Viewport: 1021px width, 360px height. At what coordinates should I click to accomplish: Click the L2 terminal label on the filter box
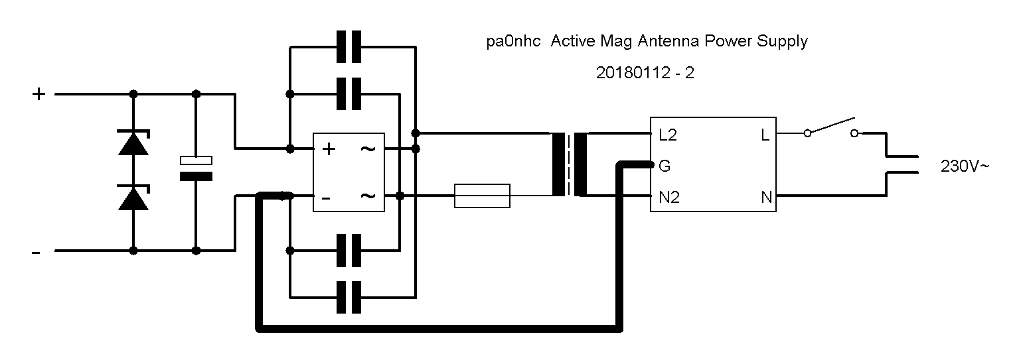click(668, 135)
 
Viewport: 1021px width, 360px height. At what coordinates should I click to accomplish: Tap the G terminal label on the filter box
click(665, 166)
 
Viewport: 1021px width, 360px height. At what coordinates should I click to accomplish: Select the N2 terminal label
click(669, 198)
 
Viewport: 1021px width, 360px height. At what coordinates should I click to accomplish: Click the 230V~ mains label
click(965, 166)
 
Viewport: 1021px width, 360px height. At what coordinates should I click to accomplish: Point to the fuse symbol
click(482, 196)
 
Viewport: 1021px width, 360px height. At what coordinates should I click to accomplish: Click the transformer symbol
click(570, 164)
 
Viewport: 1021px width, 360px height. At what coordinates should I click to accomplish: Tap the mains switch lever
click(831, 126)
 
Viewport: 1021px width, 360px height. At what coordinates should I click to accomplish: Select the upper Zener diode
click(133, 143)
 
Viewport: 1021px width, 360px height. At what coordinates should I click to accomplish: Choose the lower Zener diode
click(133, 198)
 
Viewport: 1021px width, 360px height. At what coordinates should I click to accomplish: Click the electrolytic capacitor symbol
click(196, 168)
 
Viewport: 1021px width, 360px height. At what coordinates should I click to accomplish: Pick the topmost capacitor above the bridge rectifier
click(349, 46)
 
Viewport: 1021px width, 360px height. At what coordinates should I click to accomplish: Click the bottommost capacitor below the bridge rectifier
click(349, 298)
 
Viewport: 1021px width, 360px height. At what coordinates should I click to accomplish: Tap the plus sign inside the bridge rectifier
click(329, 149)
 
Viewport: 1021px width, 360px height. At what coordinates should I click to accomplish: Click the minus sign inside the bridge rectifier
click(326, 198)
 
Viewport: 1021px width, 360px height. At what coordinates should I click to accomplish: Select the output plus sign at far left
click(39, 94)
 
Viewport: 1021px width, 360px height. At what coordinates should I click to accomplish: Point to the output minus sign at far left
click(36, 253)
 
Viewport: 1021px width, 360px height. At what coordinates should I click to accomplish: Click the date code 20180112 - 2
click(645, 73)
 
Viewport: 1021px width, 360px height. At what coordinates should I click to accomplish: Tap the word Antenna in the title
click(668, 41)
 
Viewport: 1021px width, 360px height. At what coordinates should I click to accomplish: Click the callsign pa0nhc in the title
click(513, 41)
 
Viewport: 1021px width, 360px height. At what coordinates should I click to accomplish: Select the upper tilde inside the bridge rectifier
click(368, 149)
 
